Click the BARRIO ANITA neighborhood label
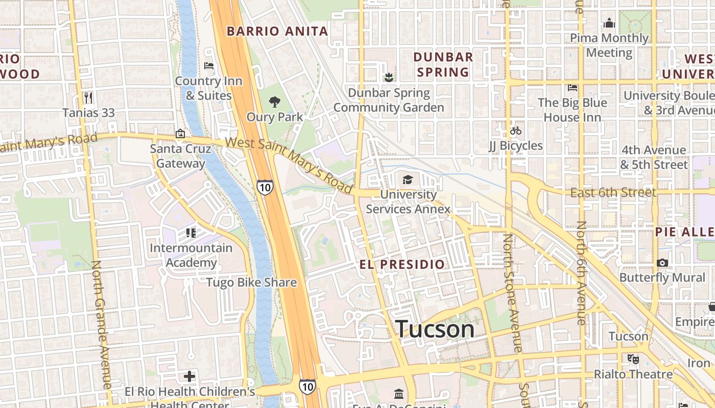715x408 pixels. point(277,31)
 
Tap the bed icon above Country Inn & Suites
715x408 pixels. point(208,66)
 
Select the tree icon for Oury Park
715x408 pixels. point(275,101)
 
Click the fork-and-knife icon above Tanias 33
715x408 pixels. point(89,97)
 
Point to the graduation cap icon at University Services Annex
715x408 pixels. point(408,180)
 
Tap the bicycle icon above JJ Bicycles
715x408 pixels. point(515,131)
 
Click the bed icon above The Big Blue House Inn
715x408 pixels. point(572,87)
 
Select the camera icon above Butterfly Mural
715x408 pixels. point(662,263)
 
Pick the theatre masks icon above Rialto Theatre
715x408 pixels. point(633,359)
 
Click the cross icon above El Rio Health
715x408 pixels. point(189,376)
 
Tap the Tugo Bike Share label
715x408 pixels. point(251,282)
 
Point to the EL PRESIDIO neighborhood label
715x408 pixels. point(402,264)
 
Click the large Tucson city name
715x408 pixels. point(435,329)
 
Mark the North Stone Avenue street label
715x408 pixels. point(513,293)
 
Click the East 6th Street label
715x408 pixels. point(612,192)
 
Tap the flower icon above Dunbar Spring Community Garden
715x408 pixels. point(389,78)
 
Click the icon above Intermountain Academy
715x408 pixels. point(190,233)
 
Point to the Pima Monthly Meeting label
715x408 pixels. point(609,45)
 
